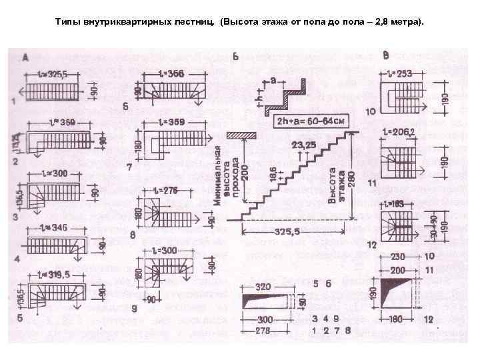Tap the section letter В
coord(385,55)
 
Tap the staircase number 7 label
coord(128,167)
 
